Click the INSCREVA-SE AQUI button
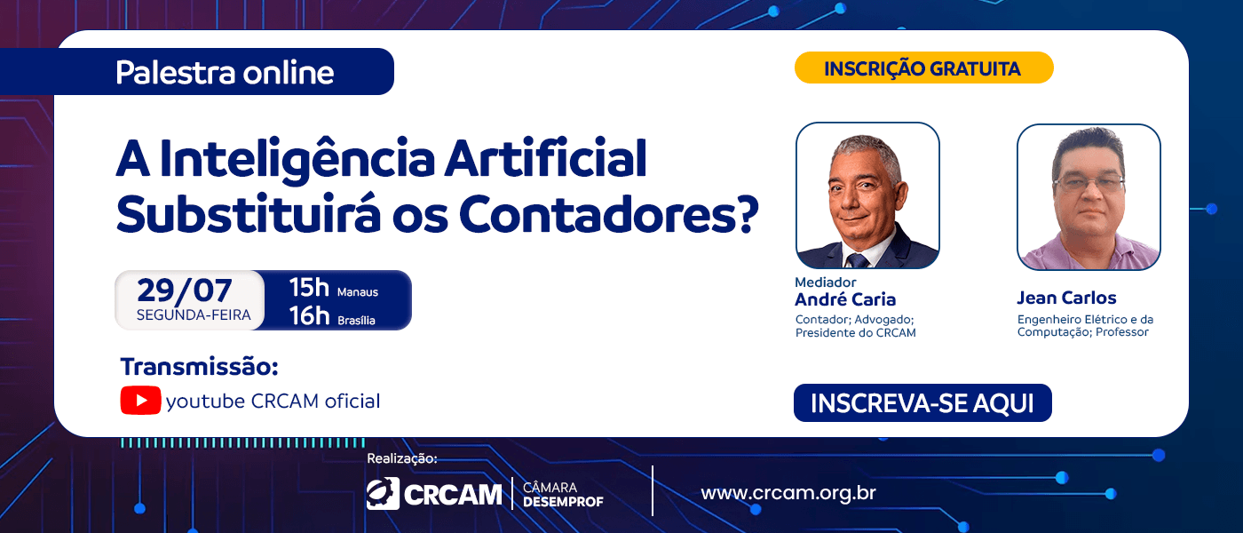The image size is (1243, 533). click(922, 402)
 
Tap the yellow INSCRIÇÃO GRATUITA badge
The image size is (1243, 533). click(924, 68)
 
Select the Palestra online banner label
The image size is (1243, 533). click(225, 72)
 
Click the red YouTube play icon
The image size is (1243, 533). click(140, 401)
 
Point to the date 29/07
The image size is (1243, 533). click(185, 290)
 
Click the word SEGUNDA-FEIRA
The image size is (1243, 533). click(194, 314)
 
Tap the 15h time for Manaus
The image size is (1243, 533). click(309, 288)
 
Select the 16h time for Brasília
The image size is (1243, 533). click(309, 315)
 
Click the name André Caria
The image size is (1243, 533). click(845, 299)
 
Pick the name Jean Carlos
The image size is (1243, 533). click(1066, 298)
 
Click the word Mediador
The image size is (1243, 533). click(826, 282)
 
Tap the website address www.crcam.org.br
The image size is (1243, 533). click(788, 493)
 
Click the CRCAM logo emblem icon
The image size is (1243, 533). click(383, 494)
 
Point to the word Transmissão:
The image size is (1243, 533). click(199, 366)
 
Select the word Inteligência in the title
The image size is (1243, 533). click(297, 159)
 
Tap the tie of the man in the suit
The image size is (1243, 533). click(857, 259)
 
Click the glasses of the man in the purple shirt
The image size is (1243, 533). click(1089, 183)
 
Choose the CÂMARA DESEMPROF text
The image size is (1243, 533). click(563, 494)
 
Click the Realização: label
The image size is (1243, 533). click(402, 458)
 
